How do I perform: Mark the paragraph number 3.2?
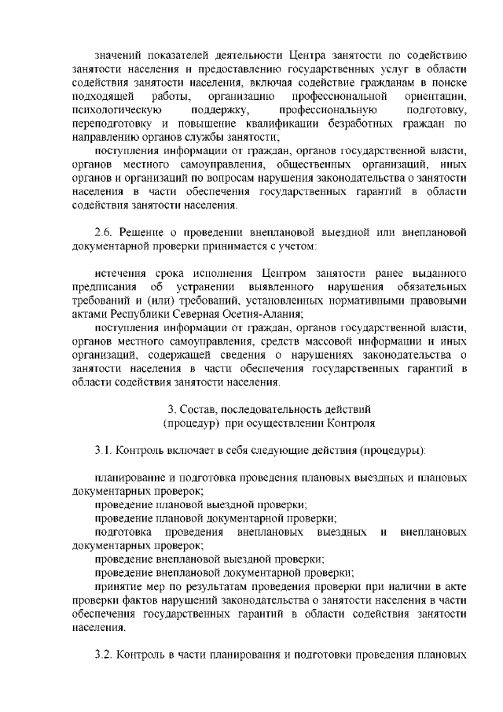point(104,655)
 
